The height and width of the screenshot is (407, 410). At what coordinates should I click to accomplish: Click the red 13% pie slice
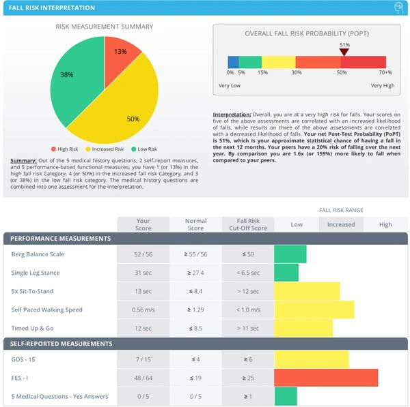click(120, 54)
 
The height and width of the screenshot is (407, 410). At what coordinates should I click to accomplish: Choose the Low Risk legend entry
click(143, 149)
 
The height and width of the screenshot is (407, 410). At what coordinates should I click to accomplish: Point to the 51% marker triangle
click(344, 52)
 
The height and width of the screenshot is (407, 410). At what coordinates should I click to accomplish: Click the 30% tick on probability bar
click(297, 72)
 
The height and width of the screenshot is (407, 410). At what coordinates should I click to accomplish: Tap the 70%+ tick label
click(385, 72)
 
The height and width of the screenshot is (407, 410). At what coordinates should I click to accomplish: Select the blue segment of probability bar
click(233, 62)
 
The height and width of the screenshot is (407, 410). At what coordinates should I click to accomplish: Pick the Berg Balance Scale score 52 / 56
click(143, 254)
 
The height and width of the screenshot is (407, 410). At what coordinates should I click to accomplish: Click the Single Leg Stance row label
click(35, 273)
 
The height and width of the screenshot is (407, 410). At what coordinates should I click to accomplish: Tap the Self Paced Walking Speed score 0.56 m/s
click(143, 310)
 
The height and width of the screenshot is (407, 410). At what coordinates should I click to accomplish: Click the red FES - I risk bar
click(325, 378)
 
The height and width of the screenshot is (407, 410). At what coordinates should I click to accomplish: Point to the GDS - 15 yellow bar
click(311, 359)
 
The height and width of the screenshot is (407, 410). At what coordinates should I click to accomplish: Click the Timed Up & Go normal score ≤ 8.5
click(195, 328)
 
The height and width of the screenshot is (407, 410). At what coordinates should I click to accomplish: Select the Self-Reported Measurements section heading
click(60, 344)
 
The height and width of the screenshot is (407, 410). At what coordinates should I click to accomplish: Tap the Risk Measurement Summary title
click(104, 27)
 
